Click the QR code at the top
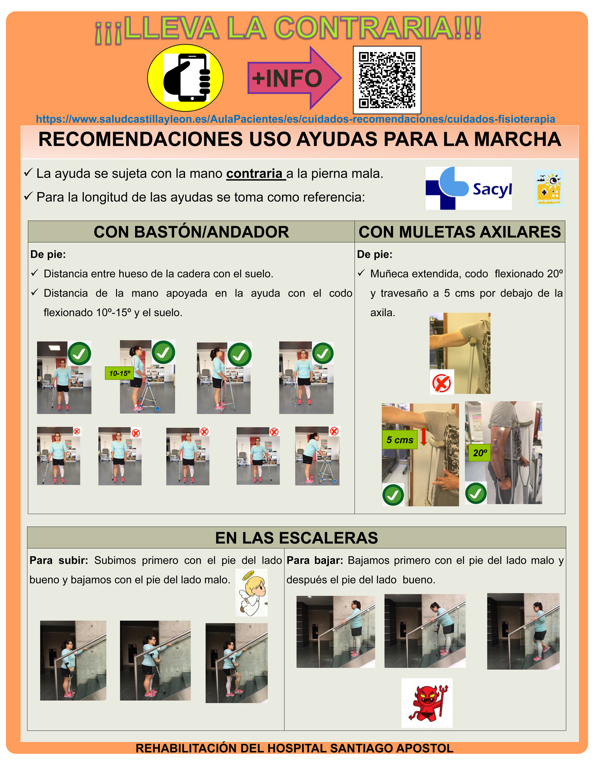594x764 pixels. click(x=387, y=80)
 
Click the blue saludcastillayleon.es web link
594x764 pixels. click(x=296, y=119)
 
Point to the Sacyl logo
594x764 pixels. click(x=469, y=188)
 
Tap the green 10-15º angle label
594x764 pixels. click(x=120, y=373)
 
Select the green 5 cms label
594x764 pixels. click(x=400, y=440)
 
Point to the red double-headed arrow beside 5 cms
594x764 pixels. click(x=423, y=436)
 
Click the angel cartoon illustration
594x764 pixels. click(x=252, y=593)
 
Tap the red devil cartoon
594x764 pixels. click(x=427, y=703)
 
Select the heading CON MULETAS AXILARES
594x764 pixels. click(x=460, y=232)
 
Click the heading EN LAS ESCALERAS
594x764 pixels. click(x=297, y=538)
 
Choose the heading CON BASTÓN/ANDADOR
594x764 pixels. click(x=191, y=232)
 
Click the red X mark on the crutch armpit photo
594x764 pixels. click(x=442, y=383)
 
